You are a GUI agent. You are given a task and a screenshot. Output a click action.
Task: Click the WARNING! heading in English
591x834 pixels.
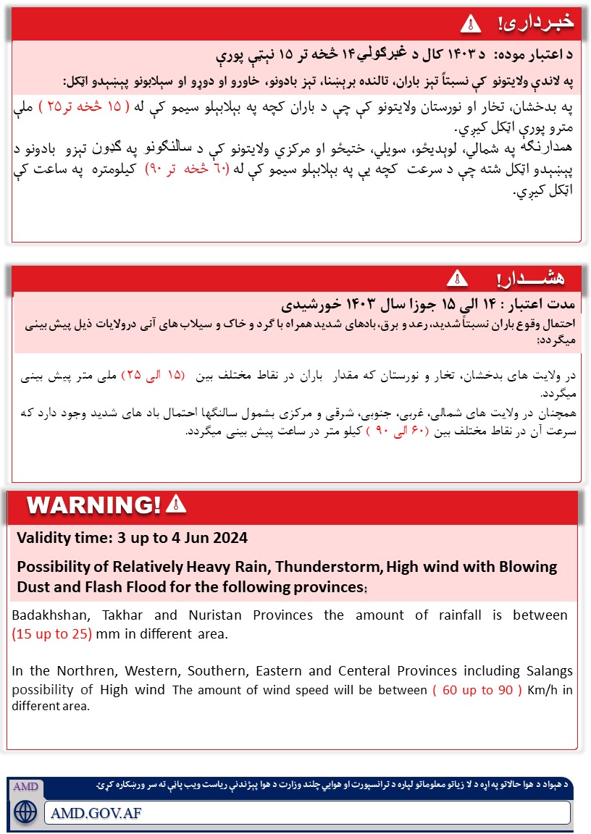pyautogui.click(x=93, y=505)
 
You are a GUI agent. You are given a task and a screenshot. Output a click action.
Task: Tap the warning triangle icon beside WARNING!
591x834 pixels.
pyautogui.click(x=176, y=504)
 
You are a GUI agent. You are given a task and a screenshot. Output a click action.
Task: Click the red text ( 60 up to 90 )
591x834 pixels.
pyautogui.click(x=477, y=689)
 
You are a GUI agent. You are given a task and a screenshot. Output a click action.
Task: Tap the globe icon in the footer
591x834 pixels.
pyautogui.click(x=25, y=810)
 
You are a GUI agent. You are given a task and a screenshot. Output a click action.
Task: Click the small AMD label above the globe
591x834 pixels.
pyautogui.click(x=25, y=786)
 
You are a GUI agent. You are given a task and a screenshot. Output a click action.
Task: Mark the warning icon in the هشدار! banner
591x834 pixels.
pyautogui.click(x=457, y=277)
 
